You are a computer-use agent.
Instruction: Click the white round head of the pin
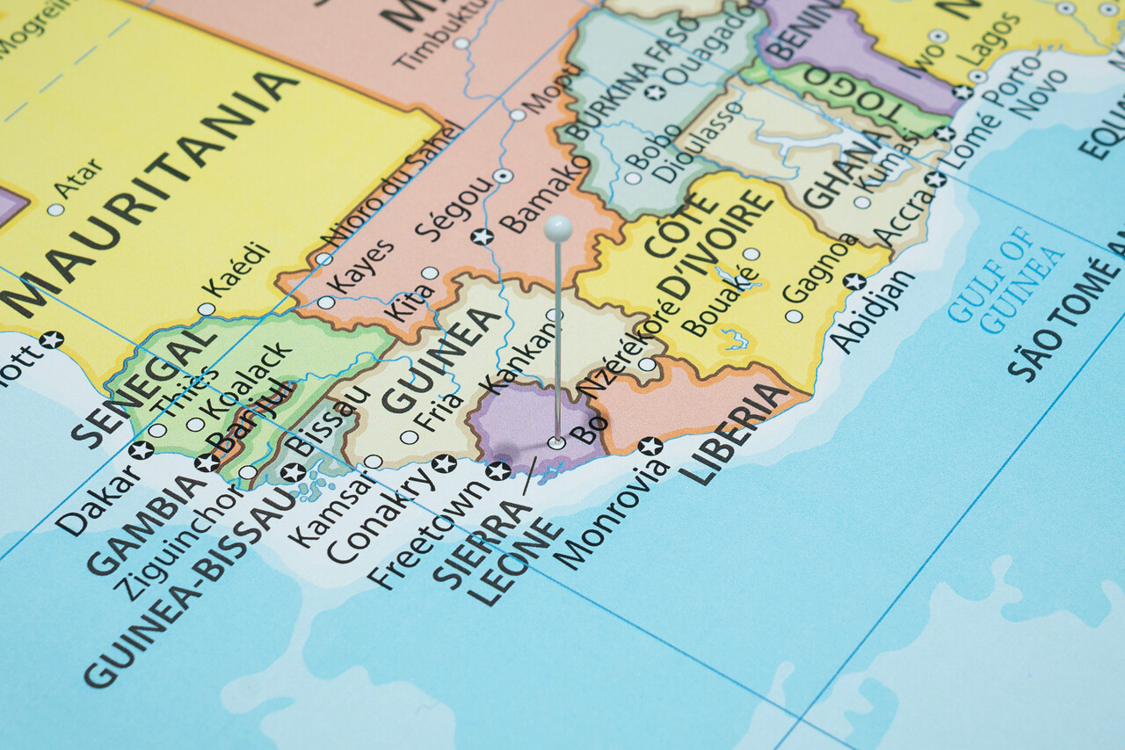click(558, 229)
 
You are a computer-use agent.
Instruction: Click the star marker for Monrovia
click(650, 446)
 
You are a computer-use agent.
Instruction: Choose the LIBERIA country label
click(733, 434)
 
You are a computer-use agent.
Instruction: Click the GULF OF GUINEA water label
click(1006, 280)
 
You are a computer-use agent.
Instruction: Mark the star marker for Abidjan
click(853, 281)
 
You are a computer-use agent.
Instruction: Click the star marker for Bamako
click(482, 236)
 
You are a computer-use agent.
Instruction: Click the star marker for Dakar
click(141, 450)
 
